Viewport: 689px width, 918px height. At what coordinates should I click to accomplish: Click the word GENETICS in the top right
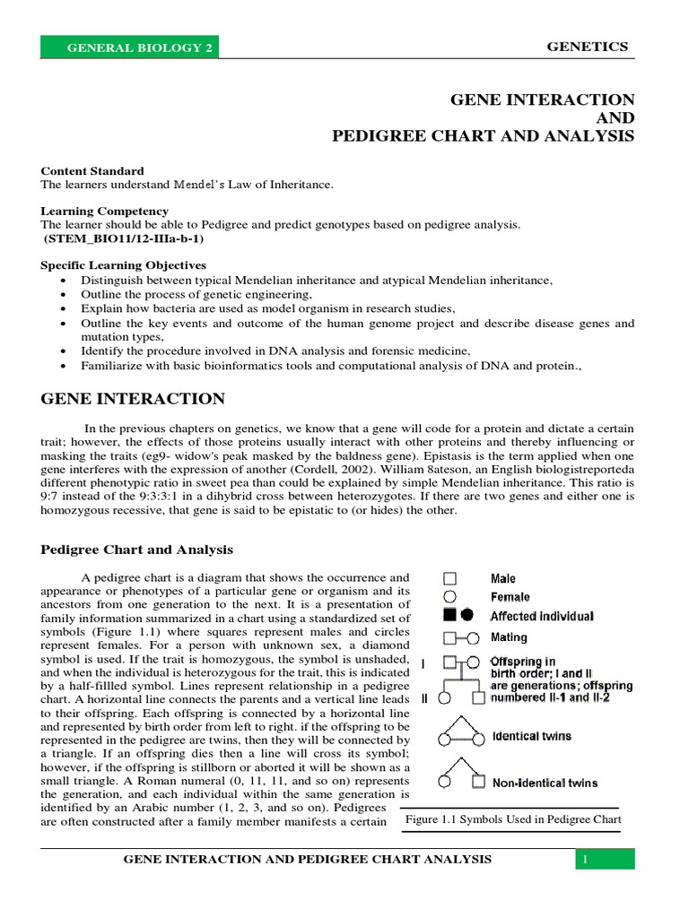point(588,47)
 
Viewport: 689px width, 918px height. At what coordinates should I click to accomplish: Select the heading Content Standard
point(92,170)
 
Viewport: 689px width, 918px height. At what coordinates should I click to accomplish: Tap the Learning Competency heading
point(104,211)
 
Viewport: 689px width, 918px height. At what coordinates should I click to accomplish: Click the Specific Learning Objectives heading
point(124,265)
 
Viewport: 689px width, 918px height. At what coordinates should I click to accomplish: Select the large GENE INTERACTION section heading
point(134,399)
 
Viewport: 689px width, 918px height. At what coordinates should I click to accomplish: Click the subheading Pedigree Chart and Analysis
point(137,550)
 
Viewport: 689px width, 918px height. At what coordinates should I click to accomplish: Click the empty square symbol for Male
point(451,579)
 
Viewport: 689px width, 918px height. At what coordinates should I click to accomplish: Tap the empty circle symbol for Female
point(451,597)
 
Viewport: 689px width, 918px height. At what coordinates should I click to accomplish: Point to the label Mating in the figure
point(509,637)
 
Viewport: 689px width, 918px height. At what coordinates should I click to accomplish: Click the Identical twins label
point(531,737)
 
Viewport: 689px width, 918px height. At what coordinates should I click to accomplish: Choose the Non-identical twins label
point(545,783)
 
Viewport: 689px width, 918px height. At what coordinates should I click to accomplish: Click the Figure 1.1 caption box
point(513,819)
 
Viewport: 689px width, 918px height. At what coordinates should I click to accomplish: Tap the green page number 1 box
point(605,860)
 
